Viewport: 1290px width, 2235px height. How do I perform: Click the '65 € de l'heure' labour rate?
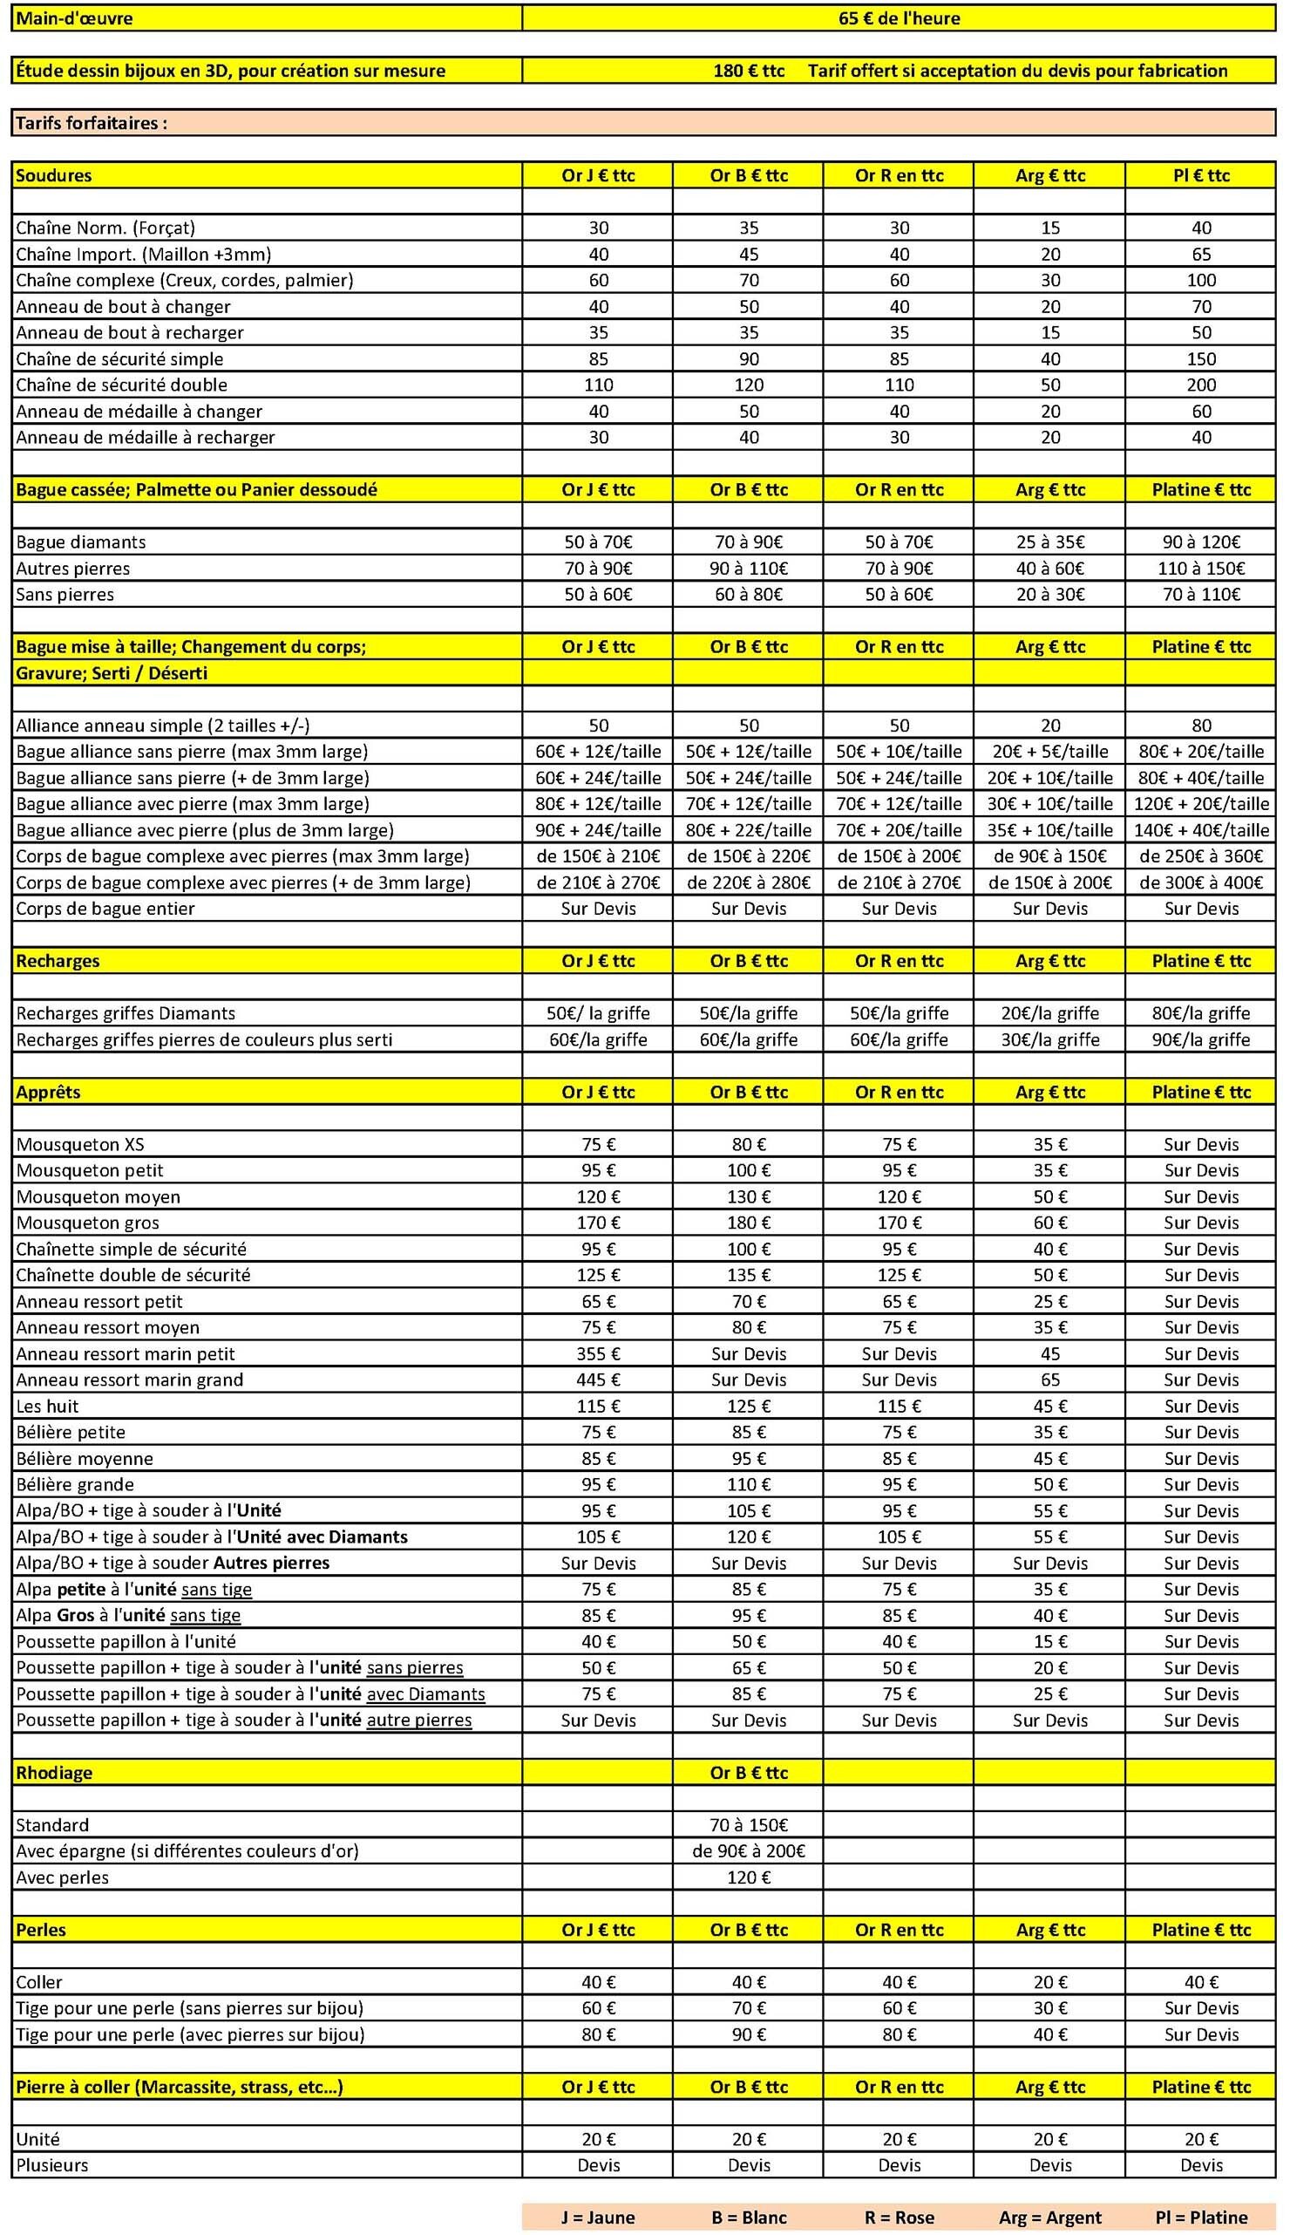[899, 17]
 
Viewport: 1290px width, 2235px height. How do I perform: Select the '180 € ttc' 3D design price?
[749, 71]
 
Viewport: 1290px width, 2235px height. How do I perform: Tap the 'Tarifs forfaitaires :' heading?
[92, 123]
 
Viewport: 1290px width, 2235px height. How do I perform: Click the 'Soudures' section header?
[53, 175]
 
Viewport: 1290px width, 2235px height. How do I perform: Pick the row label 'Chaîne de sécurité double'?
[121, 385]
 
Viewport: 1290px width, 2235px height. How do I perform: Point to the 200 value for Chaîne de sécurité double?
[1200, 385]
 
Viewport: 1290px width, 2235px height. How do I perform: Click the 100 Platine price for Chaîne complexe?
[1200, 280]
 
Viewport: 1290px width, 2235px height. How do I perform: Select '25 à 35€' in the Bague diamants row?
[1050, 542]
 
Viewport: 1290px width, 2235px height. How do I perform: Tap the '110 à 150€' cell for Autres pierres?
[1200, 568]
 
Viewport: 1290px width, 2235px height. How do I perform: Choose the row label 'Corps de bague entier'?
[105, 909]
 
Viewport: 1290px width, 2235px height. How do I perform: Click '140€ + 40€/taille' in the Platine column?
[1200, 829]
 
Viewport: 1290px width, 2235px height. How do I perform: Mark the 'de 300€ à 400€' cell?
[1200, 882]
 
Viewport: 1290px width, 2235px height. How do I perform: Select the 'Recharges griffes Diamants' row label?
[126, 1013]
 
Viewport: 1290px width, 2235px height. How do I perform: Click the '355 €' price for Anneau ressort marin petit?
[598, 1353]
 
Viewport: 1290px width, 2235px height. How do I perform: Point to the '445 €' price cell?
[598, 1379]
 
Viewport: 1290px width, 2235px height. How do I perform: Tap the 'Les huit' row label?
[47, 1406]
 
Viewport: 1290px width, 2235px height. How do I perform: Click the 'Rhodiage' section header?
[53, 1773]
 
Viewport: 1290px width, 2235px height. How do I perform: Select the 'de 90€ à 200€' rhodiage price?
[749, 1850]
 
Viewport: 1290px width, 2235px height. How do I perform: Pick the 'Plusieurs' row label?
[52, 2165]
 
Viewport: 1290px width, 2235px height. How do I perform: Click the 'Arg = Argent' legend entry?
[1050, 2218]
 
